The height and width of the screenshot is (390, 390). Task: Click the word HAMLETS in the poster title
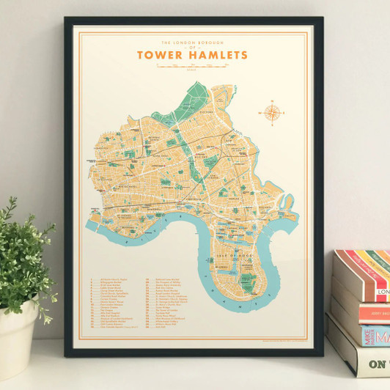click(x=216, y=55)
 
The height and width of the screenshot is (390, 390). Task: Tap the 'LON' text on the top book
click(x=383, y=292)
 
